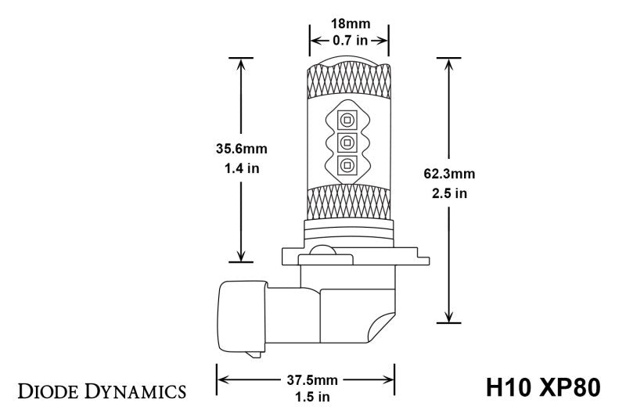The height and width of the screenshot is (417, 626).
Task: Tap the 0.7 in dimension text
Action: [349, 40]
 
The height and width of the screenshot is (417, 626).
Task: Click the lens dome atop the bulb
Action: [349, 60]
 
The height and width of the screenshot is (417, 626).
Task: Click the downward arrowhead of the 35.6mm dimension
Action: [242, 254]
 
